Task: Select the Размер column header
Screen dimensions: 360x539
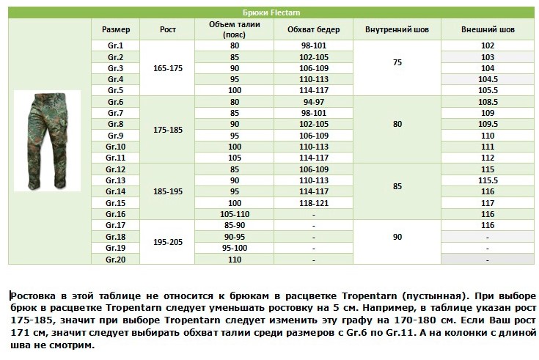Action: [115, 30]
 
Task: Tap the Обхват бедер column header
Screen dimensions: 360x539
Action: [313, 30]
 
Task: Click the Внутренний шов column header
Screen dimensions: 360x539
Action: [397, 30]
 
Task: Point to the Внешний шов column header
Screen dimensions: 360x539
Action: [488, 30]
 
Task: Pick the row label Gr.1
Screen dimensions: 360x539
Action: [115, 46]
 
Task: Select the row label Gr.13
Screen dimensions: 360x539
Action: [115, 180]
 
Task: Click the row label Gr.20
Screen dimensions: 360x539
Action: [115, 259]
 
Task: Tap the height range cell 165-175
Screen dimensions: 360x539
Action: [168, 68]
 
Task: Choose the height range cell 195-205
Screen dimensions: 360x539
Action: [168, 242]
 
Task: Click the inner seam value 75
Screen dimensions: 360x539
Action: [397, 63]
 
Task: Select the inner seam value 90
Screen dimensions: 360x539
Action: [397, 237]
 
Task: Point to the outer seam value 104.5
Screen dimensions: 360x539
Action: [488, 79]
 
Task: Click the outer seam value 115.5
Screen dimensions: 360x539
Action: [488, 180]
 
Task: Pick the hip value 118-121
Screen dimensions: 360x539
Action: [313, 202]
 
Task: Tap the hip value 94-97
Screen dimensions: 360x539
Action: [313, 102]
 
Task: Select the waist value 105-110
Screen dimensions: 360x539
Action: [235, 214]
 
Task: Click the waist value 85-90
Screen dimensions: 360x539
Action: [235, 225]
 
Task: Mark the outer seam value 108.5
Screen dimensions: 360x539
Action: [488, 102]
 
